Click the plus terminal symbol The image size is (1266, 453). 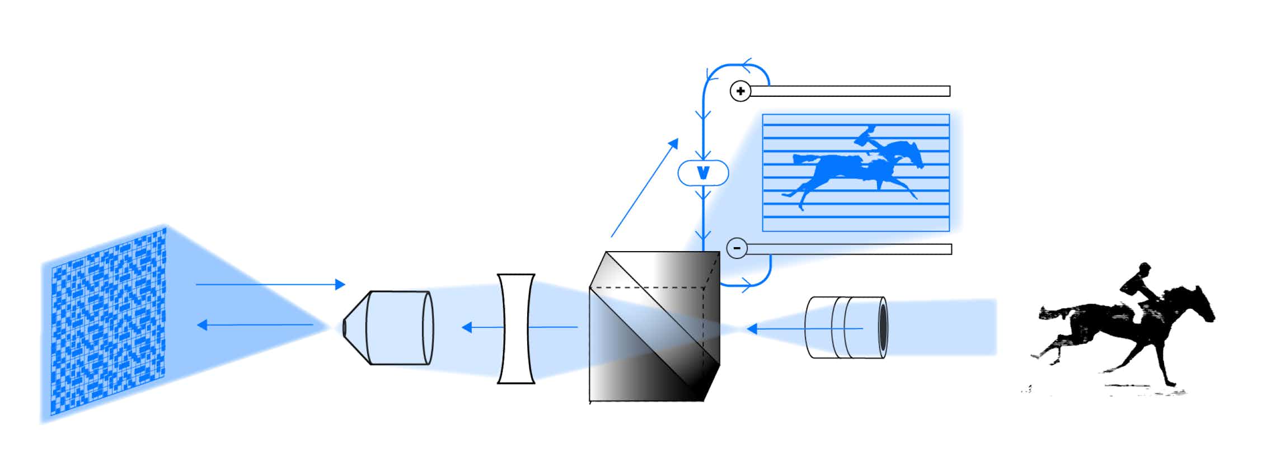[x=740, y=91]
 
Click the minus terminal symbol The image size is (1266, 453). [x=737, y=248]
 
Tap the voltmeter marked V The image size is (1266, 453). [x=704, y=173]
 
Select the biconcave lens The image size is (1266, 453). [x=516, y=329]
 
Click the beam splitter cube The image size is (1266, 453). [x=654, y=327]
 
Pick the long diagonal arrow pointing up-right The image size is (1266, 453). [x=644, y=188]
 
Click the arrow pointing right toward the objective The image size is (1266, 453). [x=270, y=284]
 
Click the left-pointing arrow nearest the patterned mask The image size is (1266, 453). [x=255, y=325]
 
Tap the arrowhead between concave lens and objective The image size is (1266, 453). [x=467, y=327]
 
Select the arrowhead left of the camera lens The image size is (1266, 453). [x=752, y=328]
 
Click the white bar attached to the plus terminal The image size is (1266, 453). [x=850, y=91]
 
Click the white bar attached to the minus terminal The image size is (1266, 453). [x=849, y=249]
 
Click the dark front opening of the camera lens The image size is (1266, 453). [x=883, y=328]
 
